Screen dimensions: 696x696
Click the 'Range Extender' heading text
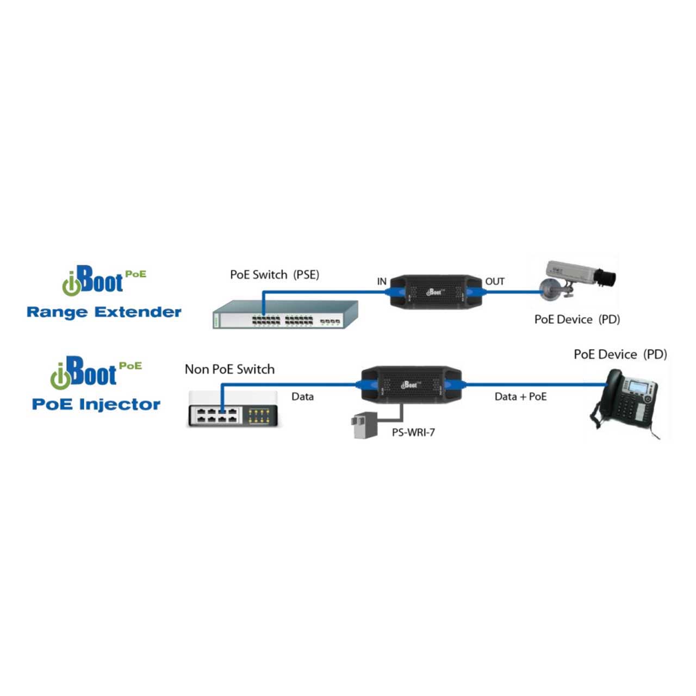104,312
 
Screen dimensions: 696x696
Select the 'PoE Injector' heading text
96,404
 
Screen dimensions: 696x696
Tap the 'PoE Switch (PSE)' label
275,275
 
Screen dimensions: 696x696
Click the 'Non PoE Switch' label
229,369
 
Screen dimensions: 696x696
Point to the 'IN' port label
382,282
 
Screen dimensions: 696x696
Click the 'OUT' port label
495,282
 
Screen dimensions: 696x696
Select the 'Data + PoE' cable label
520,397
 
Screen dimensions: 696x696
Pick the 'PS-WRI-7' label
413,433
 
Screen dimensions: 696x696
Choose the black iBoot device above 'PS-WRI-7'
411,384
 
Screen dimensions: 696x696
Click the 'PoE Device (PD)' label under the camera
577,319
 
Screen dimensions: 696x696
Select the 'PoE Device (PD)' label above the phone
620,355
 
